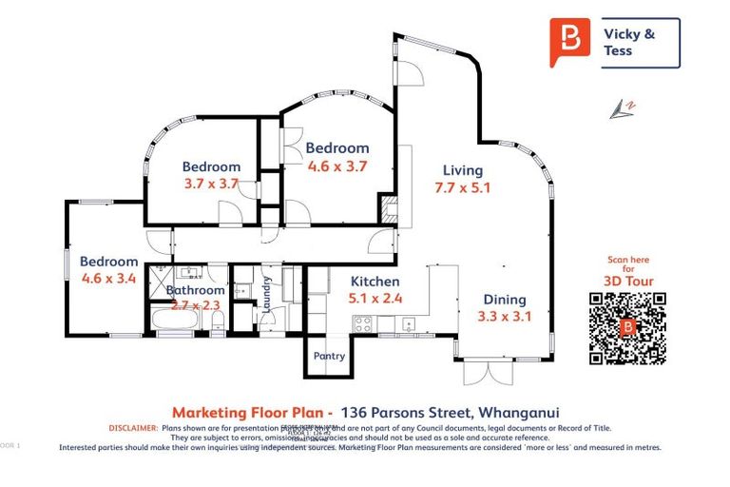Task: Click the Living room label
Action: click(462, 170)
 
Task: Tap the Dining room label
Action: click(504, 299)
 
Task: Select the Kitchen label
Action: click(375, 282)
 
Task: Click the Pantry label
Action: click(329, 357)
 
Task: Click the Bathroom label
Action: click(196, 290)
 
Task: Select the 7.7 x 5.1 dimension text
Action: click(462, 187)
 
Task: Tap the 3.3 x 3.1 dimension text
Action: click(504, 316)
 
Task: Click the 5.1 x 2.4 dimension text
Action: click(375, 299)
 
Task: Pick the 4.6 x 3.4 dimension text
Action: click(109, 279)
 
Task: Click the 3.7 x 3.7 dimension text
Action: click(211, 184)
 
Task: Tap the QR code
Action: click(626, 328)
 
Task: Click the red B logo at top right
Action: click(570, 41)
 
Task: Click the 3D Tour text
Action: click(626, 281)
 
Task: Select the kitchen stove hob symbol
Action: click(363, 323)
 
